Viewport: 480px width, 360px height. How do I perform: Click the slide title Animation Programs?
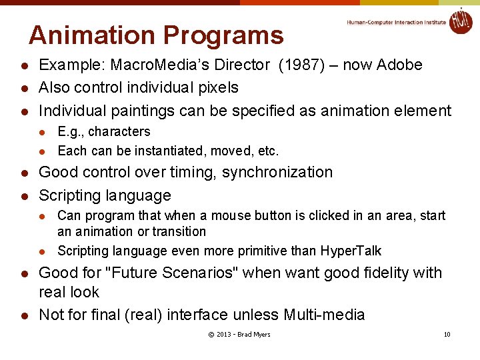pyautogui.click(x=156, y=35)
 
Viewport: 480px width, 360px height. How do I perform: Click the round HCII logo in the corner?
pyautogui.click(x=460, y=21)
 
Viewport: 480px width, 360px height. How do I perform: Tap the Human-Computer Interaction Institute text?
pyautogui.click(x=396, y=22)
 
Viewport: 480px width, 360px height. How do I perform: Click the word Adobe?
pyautogui.click(x=399, y=65)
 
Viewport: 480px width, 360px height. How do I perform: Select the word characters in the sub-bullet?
pyautogui.click(x=119, y=131)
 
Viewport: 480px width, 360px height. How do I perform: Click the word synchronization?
pyautogui.click(x=277, y=172)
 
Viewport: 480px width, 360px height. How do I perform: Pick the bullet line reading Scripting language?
pyautogui.click(x=105, y=195)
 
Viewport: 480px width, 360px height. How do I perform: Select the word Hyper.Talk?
pyautogui.click(x=351, y=251)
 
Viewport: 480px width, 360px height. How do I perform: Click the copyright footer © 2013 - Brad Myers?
pyautogui.click(x=239, y=334)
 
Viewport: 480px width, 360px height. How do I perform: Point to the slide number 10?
pyautogui.click(x=447, y=334)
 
